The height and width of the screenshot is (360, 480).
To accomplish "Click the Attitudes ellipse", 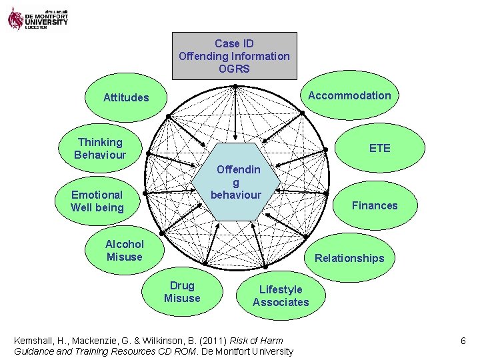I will [126, 97].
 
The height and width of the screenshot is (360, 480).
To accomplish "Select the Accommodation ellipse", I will [349, 95].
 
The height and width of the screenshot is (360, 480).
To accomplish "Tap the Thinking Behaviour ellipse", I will [100, 148].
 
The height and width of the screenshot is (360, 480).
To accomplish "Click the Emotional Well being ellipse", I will [97, 201].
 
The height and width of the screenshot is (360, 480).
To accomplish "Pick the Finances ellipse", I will [374, 205].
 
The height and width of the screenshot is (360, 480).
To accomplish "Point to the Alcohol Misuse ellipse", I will [124, 250].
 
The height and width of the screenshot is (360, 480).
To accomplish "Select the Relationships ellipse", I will [349, 257].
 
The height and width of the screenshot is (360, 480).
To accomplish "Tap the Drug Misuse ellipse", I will [182, 292].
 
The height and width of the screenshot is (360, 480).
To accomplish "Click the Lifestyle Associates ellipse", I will [281, 295].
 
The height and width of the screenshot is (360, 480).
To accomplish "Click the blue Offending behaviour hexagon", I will [235, 181].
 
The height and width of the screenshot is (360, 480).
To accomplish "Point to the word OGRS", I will [234, 69].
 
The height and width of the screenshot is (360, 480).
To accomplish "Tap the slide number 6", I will [463, 341].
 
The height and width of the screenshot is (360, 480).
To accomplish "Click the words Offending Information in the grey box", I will [234, 56].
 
